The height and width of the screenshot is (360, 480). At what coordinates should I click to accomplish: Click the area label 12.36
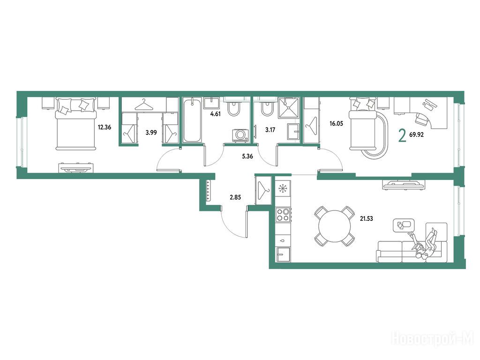tap(105, 127)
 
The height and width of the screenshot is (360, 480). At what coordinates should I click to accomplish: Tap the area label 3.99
tap(151, 133)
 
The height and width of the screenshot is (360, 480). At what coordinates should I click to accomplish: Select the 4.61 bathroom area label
tap(215, 114)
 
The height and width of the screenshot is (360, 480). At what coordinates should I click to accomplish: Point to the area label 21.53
tap(367, 218)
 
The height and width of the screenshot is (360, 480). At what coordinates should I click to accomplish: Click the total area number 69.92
tap(416, 135)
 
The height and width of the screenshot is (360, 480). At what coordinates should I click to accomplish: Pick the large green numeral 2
tap(402, 136)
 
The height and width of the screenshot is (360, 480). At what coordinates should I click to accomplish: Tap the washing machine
tap(240, 135)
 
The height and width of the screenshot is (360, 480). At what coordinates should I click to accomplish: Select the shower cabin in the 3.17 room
tap(288, 108)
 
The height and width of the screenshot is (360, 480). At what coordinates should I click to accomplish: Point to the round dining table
tap(335, 226)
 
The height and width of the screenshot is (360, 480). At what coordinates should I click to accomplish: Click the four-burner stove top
tap(283, 215)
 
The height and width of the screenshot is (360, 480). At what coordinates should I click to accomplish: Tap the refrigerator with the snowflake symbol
tap(283, 188)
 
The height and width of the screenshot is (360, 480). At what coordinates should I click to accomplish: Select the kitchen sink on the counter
tap(283, 255)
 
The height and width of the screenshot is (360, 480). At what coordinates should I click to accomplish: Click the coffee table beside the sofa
tap(404, 225)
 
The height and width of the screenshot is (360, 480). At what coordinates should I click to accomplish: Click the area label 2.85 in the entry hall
tap(235, 197)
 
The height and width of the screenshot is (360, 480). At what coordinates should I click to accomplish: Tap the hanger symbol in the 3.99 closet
tap(144, 105)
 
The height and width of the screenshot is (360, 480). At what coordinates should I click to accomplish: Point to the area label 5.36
tap(247, 157)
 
